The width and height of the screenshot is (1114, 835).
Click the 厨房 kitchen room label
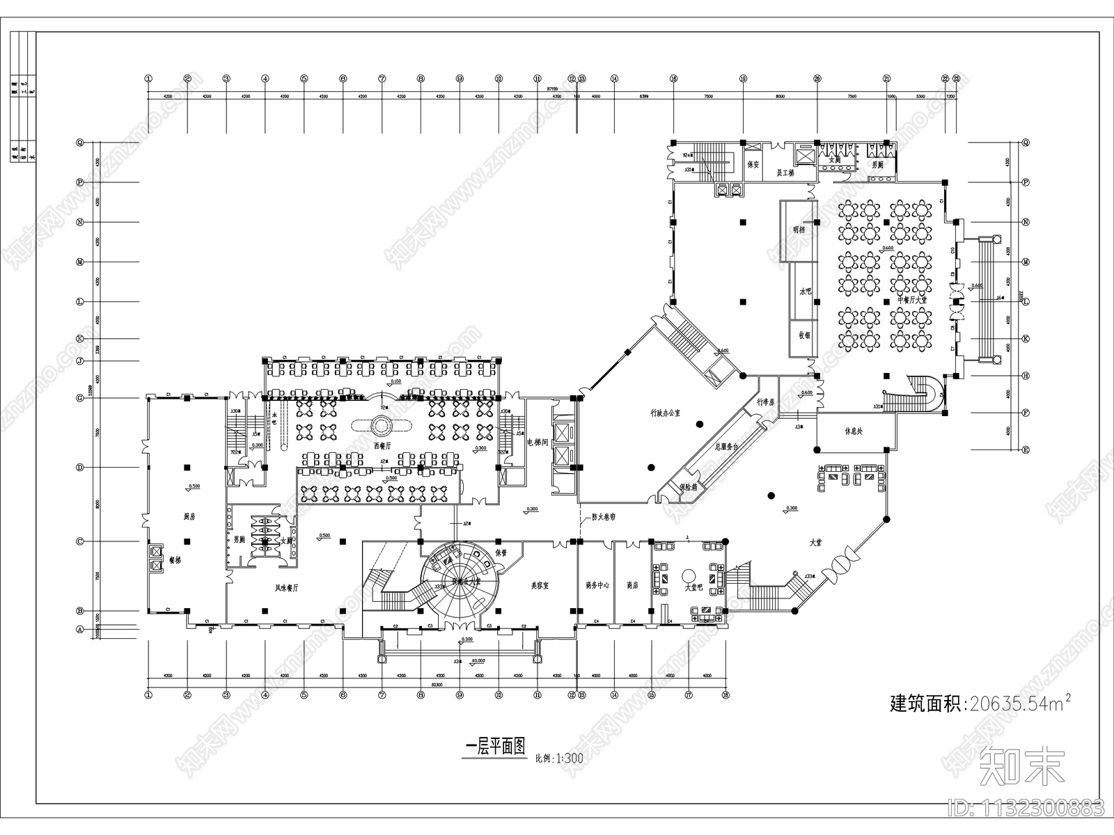[x=189, y=517]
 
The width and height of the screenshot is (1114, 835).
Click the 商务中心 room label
[x=597, y=586]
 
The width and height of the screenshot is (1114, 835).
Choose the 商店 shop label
[x=632, y=586]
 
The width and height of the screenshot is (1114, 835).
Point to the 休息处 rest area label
[x=854, y=431]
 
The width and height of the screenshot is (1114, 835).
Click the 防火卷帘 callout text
[x=604, y=517]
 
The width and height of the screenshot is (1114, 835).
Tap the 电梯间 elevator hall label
[x=538, y=443]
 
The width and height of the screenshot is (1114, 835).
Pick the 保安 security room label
[x=752, y=165]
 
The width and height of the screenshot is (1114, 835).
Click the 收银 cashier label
[x=805, y=335]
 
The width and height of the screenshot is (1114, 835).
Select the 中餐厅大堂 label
[x=912, y=300]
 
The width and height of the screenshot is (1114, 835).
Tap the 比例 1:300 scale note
[x=559, y=758]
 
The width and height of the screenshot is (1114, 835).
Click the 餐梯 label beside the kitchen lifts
[x=175, y=559]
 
